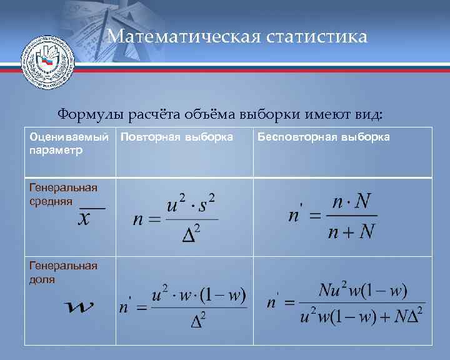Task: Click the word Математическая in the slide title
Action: [181, 36]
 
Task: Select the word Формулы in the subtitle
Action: [90, 115]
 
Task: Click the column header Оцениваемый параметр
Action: [64, 143]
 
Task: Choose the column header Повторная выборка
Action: [177, 137]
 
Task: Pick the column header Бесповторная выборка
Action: [324, 137]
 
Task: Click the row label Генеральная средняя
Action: [63, 194]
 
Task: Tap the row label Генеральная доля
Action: [63, 272]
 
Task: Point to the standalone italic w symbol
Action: [80, 307]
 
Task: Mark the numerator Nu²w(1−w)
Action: [362, 291]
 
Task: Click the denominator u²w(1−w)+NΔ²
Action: [362, 316]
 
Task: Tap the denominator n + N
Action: [351, 232]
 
